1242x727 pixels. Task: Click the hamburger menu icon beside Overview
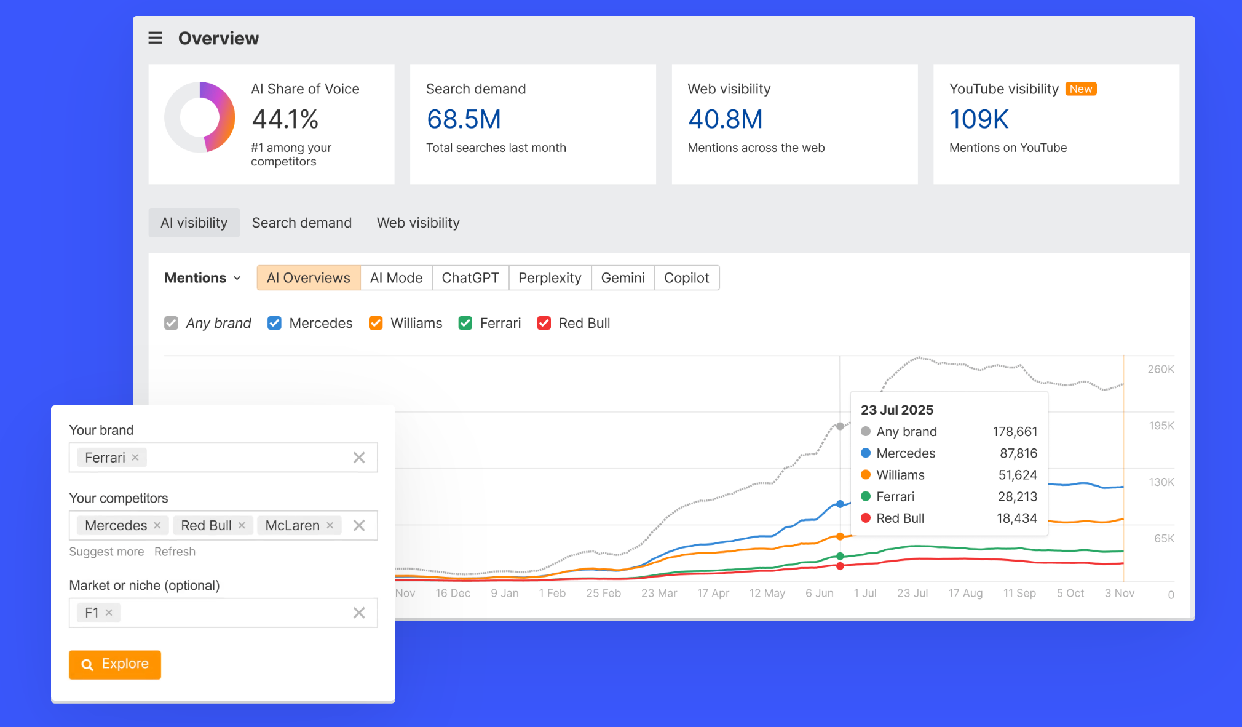156,38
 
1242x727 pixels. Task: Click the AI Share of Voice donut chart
200,117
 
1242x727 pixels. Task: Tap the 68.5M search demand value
464,119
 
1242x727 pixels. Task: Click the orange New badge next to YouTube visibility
1080,89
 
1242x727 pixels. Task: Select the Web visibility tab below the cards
417,223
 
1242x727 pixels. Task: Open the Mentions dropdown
202,278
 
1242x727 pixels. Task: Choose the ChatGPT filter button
470,278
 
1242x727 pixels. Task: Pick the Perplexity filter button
549,278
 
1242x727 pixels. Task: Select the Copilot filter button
686,278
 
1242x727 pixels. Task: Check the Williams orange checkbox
376,323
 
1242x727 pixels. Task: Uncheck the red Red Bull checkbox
544,323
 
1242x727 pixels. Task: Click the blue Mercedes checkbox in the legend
274,323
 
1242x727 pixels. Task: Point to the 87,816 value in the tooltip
1018,453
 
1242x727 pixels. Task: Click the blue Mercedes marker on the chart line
840,504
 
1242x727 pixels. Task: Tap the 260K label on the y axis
1160,369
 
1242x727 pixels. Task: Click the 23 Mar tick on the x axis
659,593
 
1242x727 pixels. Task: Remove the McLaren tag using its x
330,525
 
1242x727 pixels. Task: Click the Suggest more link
106,552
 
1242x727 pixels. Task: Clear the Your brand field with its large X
359,458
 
